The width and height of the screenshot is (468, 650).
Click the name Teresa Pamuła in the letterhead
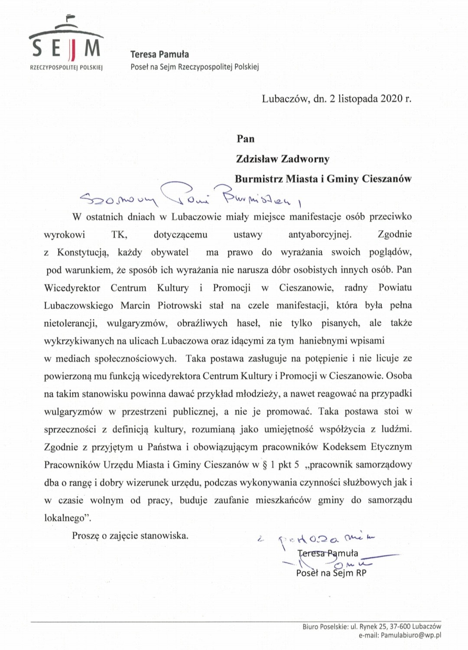(159, 54)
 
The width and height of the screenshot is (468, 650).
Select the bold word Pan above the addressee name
(246, 139)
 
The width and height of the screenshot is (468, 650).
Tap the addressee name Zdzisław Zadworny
(283, 159)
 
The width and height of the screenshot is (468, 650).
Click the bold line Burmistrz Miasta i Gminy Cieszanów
(323, 179)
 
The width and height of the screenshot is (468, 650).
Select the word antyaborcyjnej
(320, 235)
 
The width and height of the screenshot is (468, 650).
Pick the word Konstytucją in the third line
(82, 252)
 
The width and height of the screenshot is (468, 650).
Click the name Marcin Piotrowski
(161, 305)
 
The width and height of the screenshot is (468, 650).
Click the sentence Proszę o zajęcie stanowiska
(130, 536)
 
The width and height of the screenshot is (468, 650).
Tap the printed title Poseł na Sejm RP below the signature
(331, 573)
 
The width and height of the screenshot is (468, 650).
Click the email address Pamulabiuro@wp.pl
(411, 635)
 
